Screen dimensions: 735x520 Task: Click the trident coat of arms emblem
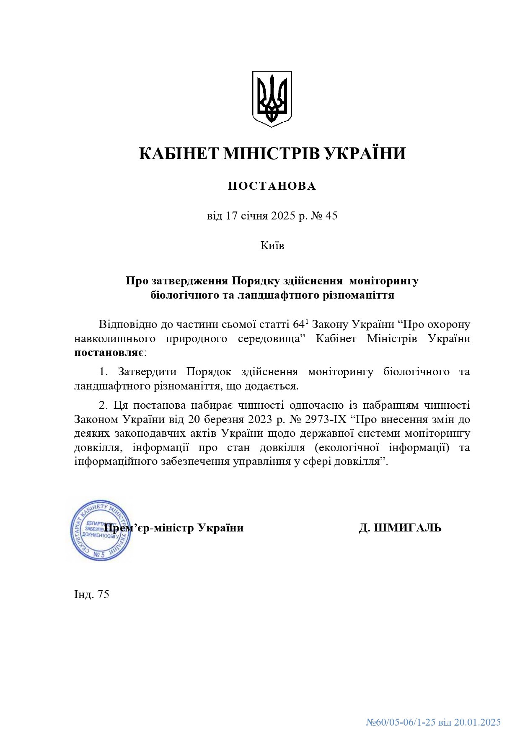pyautogui.click(x=272, y=98)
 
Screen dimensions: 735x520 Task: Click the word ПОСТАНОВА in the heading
pyautogui.click(x=272, y=186)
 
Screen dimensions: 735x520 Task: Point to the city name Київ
pyautogui.click(x=272, y=245)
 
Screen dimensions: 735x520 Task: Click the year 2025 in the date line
pyautogui.click(x=283, y=216)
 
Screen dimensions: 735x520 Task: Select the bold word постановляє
pyautogui.click(x=109, y=353)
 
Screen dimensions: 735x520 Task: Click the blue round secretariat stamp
pyautogui.click(x=100, y=531)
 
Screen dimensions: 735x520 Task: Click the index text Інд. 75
pyautogui.click(x=91, y=594)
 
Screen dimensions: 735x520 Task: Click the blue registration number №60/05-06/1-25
pyautogui.click(x=401, y=722)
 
